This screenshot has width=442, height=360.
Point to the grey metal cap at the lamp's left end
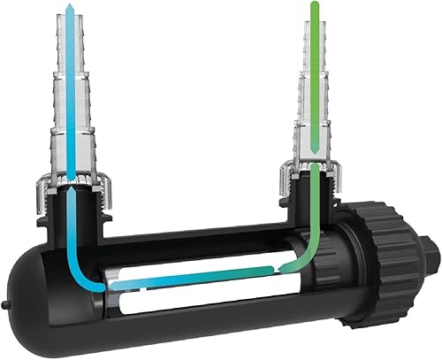click(118, 285)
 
